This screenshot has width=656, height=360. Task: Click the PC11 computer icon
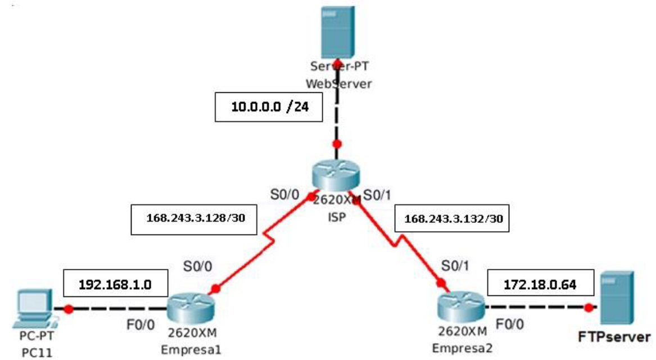tap(33, 308)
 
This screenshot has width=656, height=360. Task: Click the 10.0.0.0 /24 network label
tap(269, 107)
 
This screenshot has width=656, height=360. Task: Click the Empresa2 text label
tap(460, 348)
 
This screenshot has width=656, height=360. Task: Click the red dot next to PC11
tap(69, 308)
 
